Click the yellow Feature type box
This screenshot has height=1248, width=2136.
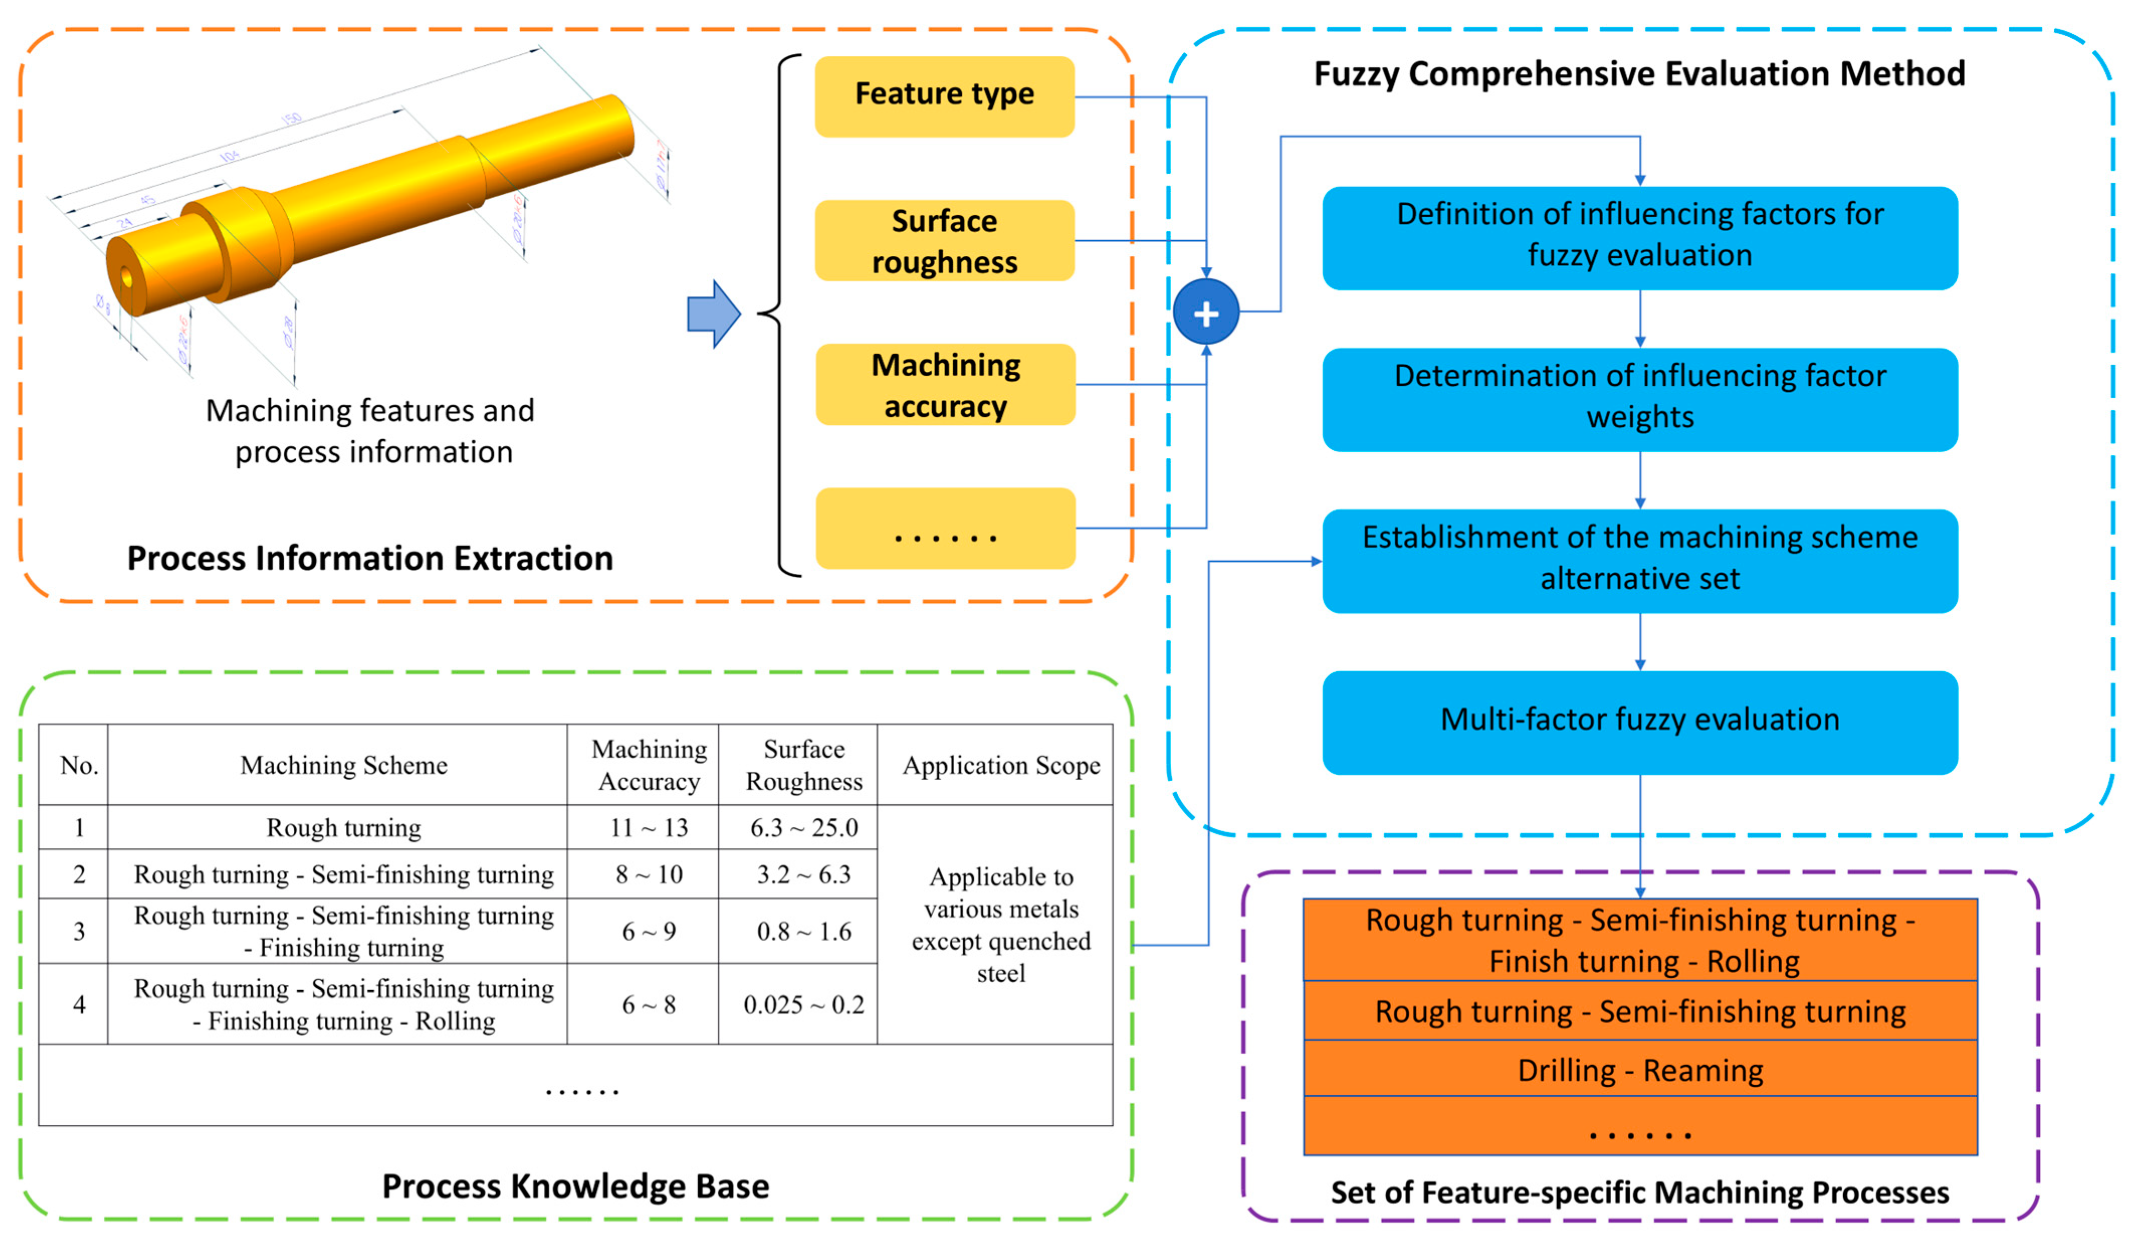(x=944, y=96)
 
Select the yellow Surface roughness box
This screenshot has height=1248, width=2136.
(x=944, y=241)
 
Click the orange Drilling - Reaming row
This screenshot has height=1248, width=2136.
(x=1639, y=1070)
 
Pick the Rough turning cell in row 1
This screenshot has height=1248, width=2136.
(x=344, y=827)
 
